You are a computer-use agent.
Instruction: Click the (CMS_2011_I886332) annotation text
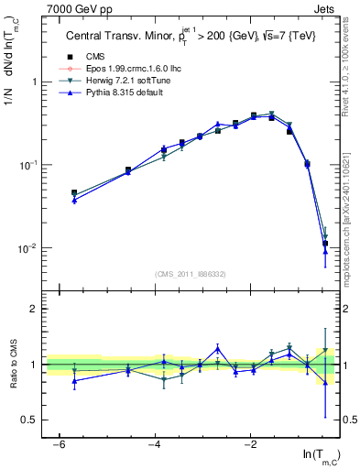click(x=191, y=276)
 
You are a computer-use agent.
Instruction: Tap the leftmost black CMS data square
click(x=74, y=193)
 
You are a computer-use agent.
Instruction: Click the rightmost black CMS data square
click(x=325, y=244)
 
